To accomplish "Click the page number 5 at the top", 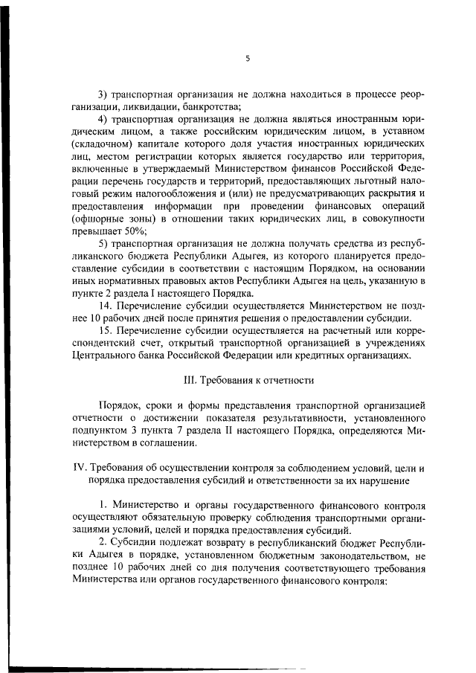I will point(247,58).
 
